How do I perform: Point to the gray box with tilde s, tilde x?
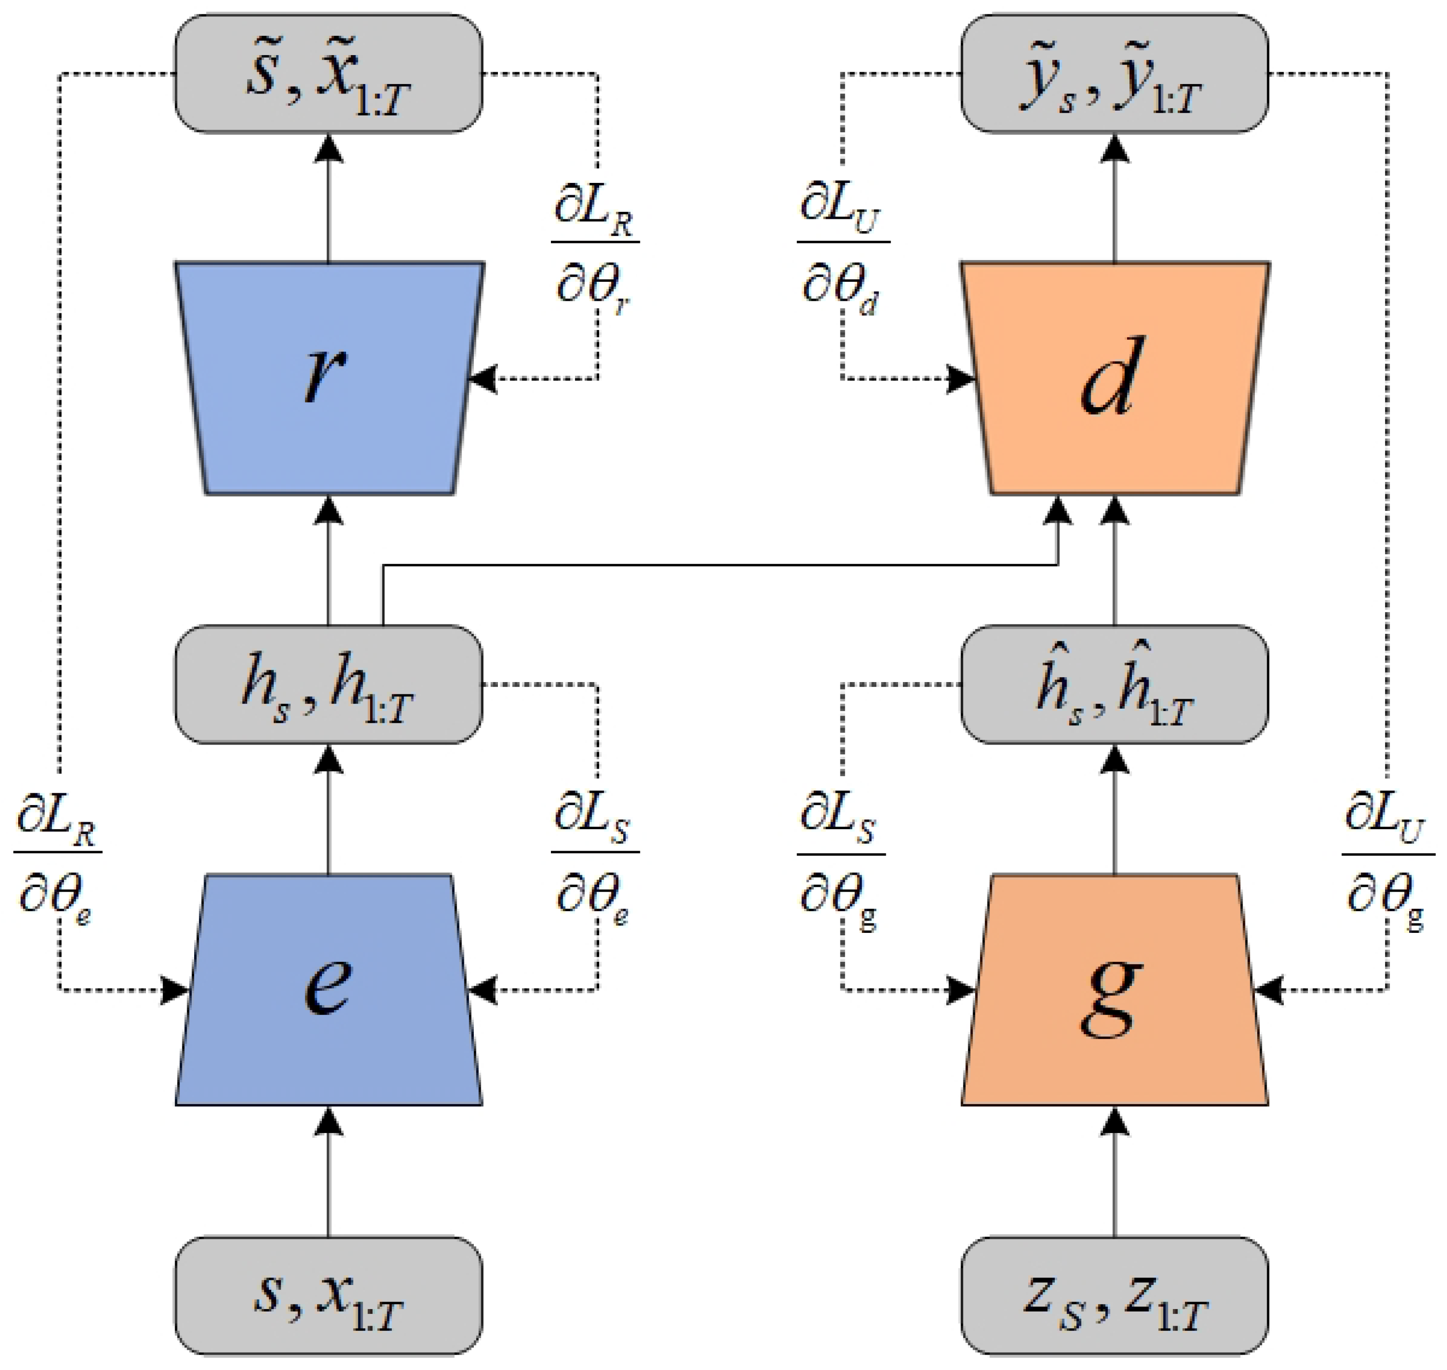[328, 74]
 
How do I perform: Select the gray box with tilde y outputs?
[1114, 74]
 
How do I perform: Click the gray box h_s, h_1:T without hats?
[328, 685]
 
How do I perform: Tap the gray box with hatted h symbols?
[1114, 685]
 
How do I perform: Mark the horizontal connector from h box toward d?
[719, 565]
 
